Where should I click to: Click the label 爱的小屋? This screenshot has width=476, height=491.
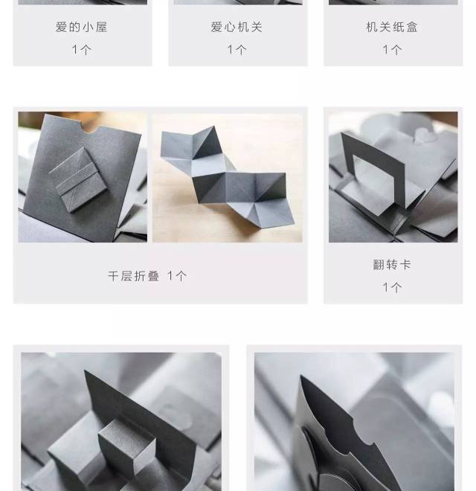[x=81, y=27]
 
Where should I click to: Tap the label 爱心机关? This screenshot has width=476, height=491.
[x=237, y=27]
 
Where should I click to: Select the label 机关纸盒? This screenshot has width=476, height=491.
[x=392, y=27]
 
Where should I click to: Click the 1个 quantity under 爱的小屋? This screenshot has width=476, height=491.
[x=82, y=50]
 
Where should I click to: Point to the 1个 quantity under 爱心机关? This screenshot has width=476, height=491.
[x=237, y=50]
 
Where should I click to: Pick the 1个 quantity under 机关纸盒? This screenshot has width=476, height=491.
[x=393, y=50]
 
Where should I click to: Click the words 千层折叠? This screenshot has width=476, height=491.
[x=134, y=276]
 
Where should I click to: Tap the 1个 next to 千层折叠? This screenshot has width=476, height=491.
[x=177, y=276]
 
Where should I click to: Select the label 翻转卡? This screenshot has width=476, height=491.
[x=392, y=265]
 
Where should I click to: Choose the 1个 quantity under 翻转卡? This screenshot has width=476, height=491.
[x=393, y=287]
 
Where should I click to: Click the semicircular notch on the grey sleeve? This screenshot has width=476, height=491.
[x=91, y=129]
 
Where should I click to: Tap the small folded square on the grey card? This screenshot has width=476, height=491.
[x=80, y=179]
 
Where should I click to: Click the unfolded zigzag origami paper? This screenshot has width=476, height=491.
[x=228, y=176]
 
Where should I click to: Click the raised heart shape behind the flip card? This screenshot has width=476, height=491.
[x=422, y=135]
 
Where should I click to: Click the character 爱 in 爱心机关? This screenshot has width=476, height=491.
[x=216, y=27]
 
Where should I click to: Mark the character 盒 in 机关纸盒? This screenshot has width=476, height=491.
[x=412, y=27]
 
